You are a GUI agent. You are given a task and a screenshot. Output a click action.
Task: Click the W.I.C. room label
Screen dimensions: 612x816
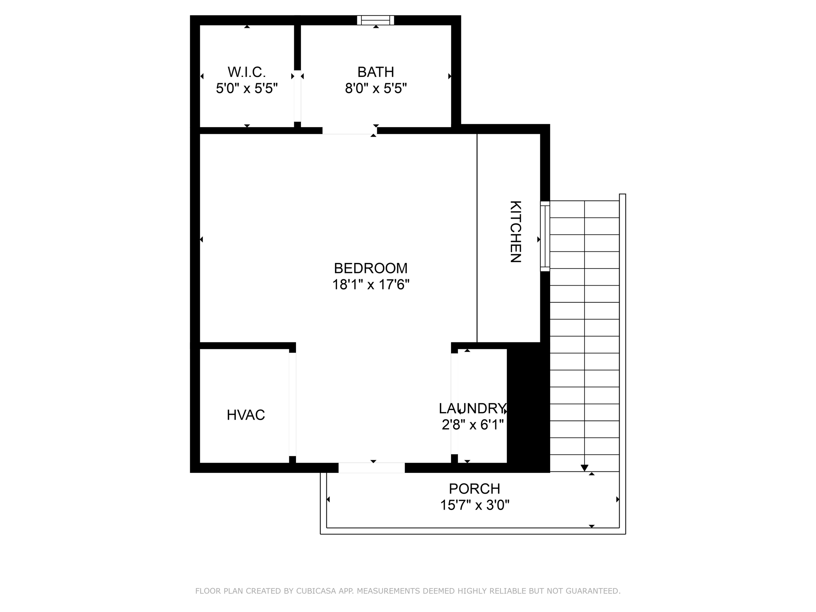click(247, 72)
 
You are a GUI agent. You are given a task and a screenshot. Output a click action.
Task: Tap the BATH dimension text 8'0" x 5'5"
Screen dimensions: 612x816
click(376, 88)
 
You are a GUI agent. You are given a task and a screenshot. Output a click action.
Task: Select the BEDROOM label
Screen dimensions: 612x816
click(371, 268)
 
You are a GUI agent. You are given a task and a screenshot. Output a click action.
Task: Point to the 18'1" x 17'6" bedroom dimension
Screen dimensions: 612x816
click(371, 285)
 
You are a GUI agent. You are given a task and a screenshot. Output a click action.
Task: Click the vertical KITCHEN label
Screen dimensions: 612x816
click(516, 231)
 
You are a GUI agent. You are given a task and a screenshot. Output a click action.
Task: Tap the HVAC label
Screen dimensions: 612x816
click(246, 415)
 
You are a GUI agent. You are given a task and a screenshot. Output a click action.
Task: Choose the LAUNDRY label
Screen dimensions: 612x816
click(473, 408)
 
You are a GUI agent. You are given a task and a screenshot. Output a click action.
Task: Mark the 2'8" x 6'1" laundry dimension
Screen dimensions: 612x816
click(473, 425)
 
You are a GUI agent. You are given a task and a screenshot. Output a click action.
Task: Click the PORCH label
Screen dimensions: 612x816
click(475, 488)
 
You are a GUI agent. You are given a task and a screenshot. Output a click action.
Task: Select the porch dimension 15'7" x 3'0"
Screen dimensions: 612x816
click(475, 505)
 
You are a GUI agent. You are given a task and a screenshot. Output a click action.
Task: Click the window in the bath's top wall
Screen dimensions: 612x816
click(375, 20)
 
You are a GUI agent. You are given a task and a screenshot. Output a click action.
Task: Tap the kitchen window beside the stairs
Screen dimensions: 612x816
click(545, 236)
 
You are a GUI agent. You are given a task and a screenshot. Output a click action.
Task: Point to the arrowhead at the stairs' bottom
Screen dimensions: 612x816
click(585, 468)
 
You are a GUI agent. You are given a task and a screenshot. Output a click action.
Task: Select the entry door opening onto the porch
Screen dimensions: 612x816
click(371, 468)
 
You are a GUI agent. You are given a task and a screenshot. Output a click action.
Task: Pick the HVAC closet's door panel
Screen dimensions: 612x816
click(292, 404)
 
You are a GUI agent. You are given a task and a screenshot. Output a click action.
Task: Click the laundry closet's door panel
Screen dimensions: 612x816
click(454, 403)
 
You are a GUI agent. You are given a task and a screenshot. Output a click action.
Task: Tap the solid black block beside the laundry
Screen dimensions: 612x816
click(528, 406)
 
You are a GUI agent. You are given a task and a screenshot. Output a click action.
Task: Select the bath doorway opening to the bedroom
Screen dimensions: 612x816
click(349, 131)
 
